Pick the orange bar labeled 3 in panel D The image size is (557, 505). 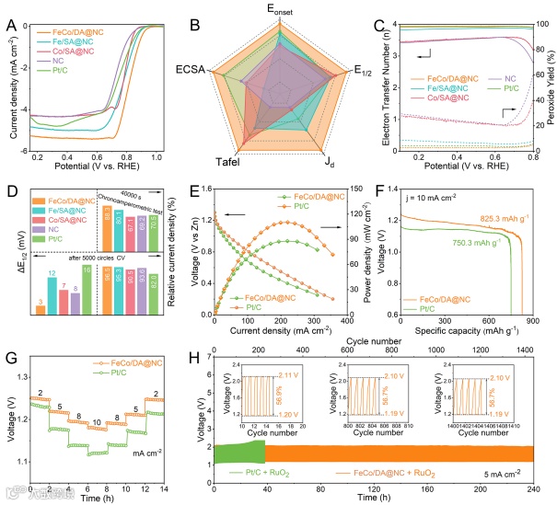pyautogui.click(x=40, y=308)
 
